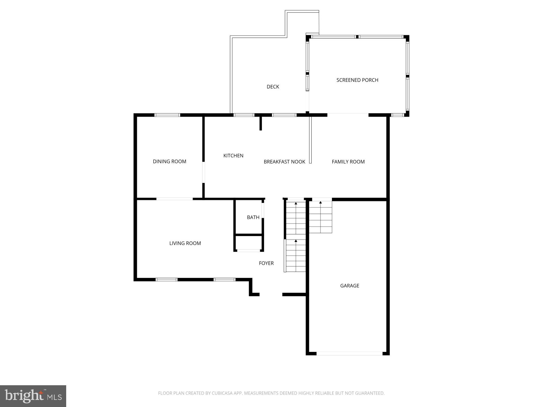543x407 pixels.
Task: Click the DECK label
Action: (273, 87)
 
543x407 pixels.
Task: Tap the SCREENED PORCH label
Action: (357, 80)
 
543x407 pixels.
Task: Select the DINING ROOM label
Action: (169, 161)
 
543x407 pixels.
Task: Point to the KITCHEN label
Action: (233, 155)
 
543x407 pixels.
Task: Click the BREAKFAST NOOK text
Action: (284, 162)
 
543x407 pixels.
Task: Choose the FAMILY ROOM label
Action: (348, 162)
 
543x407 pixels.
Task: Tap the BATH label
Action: (253, 217)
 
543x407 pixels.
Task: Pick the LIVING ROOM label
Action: (185, 243)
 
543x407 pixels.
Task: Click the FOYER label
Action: (266, 263)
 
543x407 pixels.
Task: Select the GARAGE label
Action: (350, 286)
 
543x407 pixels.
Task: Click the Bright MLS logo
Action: (33, 396)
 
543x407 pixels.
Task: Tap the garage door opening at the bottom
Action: (350, 353)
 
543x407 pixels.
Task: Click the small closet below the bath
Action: (249, 243)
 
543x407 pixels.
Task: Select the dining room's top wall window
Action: (167, 115)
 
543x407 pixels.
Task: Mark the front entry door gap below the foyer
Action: (271, 295)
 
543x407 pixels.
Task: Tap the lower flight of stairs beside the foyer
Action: (296, 256)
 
